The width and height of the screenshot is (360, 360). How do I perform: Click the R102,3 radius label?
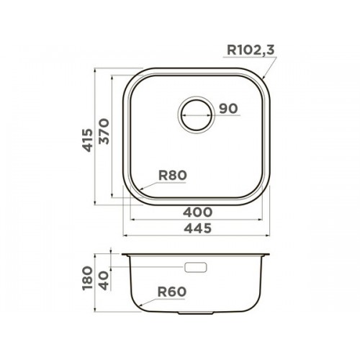coord(251,50)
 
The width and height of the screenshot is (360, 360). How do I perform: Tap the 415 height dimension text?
coord(87,140)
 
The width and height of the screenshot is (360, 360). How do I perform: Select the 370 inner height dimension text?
coord(104,131)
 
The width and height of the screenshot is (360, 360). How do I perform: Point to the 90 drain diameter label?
coord(228,109)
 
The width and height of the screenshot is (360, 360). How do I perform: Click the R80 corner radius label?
coord(172,176)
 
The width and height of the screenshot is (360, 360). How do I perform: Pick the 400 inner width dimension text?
coord(197,212)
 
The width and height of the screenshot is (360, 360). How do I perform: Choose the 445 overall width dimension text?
coord(198,228)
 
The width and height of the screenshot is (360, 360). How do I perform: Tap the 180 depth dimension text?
coord(87,278)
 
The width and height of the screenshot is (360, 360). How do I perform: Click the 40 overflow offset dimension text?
coord(104,281)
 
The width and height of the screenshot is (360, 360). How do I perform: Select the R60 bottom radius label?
coord(172,292)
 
